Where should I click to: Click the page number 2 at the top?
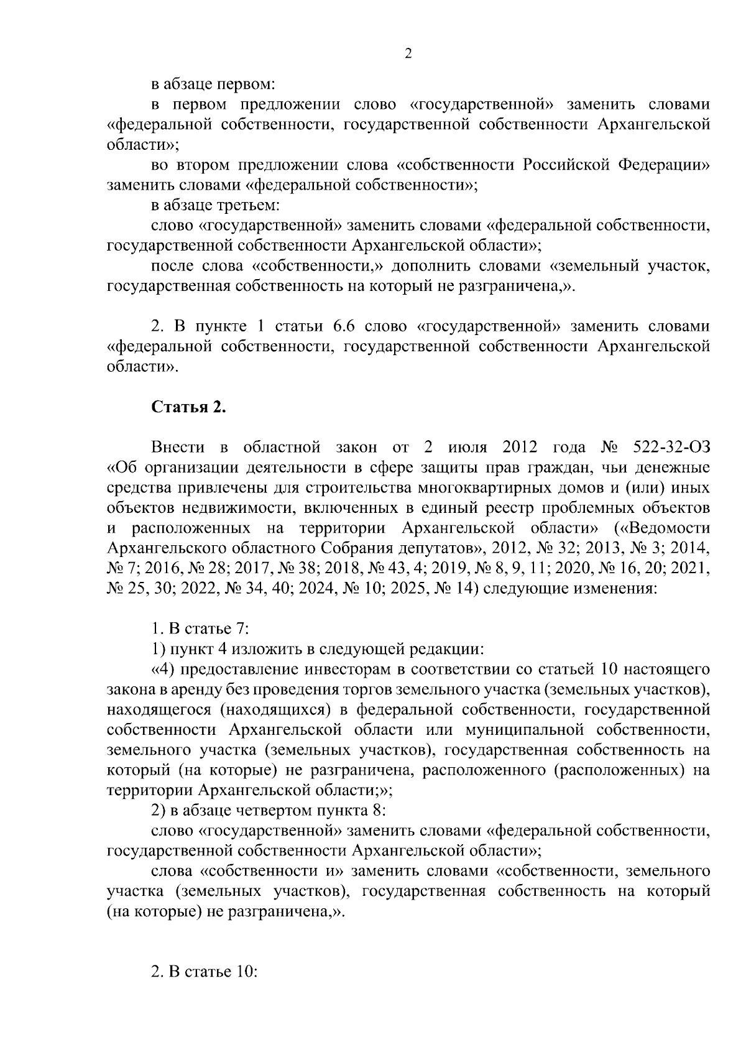(408, 53)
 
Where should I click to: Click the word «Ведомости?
(661, 528)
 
